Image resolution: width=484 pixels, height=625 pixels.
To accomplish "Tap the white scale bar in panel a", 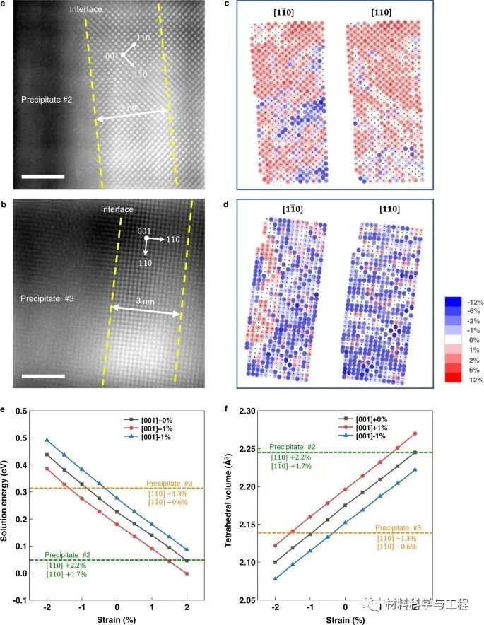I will tap(42, 176).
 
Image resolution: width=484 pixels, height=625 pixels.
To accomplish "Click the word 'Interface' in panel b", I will tap(117, 209).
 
